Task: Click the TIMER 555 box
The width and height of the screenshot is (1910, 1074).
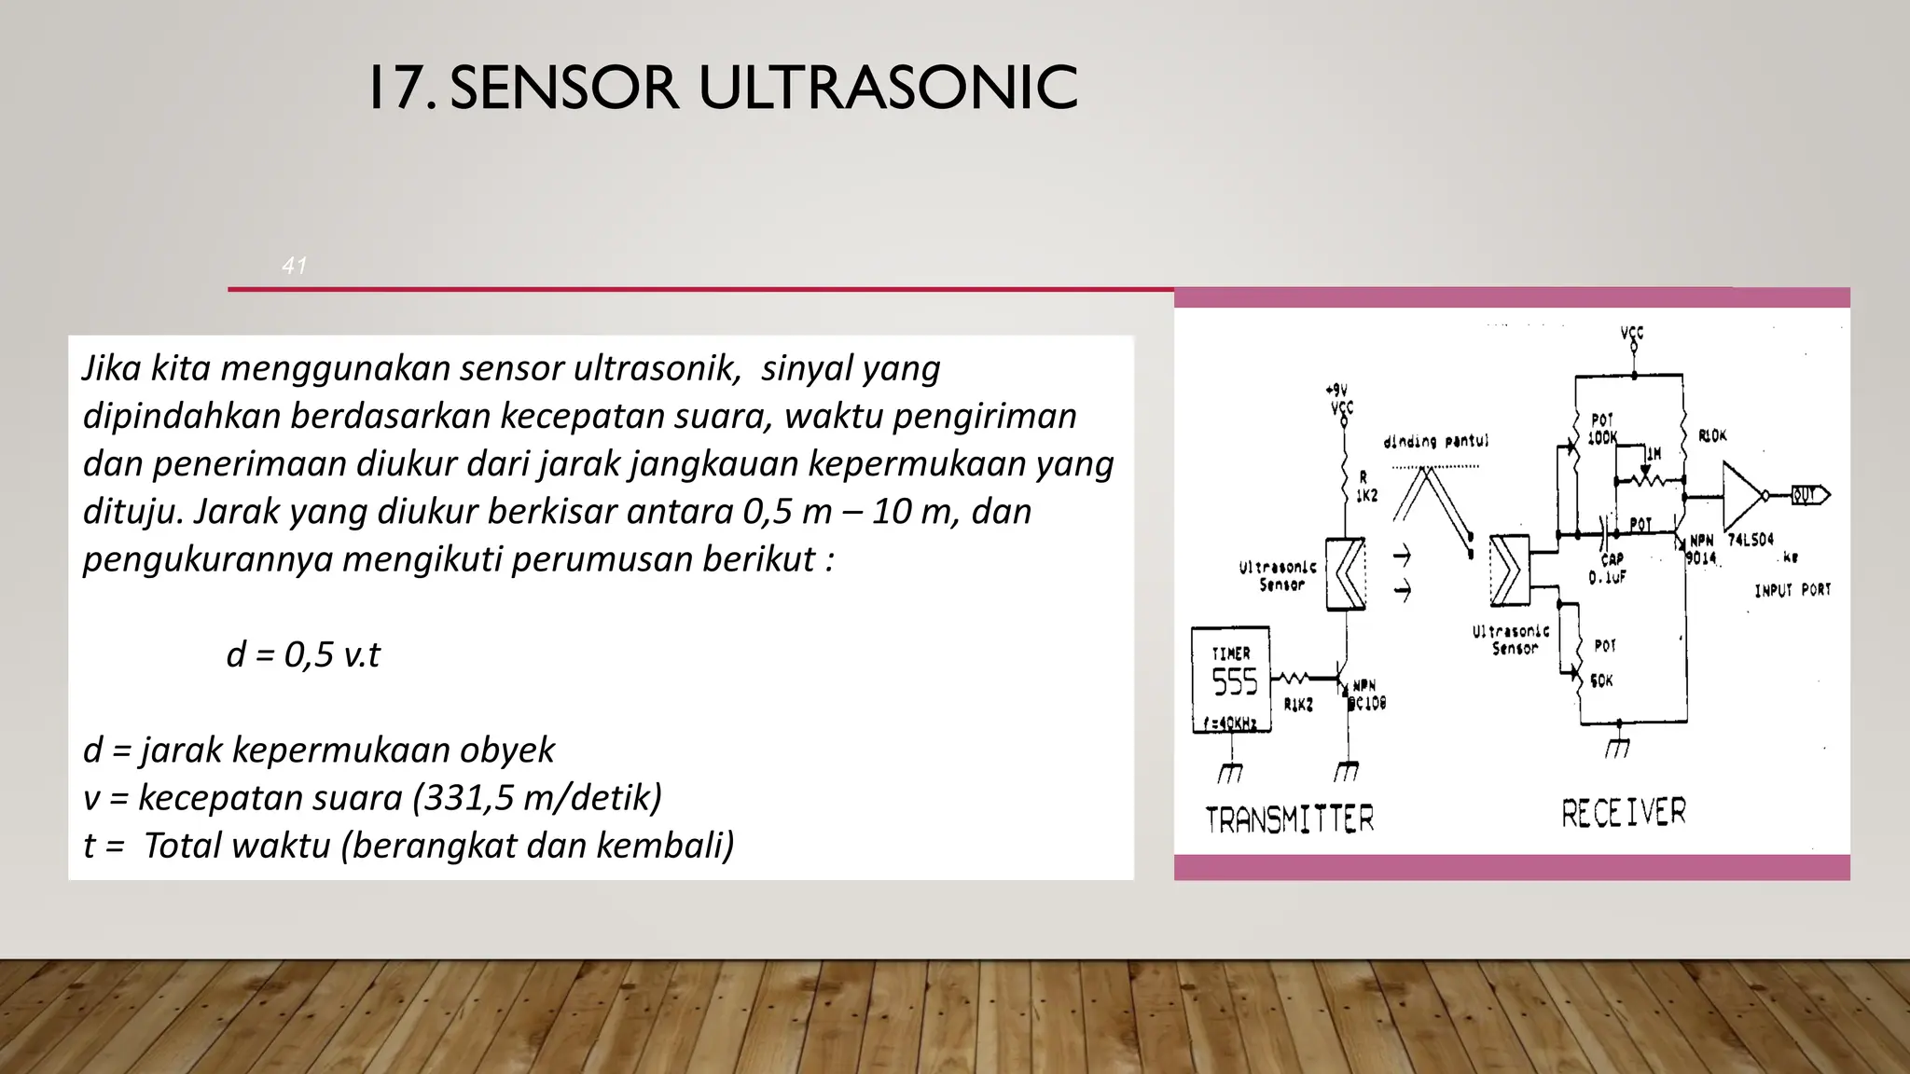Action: (1231, 680)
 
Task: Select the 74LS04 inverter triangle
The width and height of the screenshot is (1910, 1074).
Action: (1743, 495)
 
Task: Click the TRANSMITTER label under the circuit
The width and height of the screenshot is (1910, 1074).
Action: (1290, 819)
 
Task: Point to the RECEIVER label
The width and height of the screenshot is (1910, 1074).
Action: (1624, 812)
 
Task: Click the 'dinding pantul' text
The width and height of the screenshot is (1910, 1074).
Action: (1435, 441)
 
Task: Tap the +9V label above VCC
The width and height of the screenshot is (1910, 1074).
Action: (1336, 391)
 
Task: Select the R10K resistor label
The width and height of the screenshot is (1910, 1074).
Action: (1712, 435)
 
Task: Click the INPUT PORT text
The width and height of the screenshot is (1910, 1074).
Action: (1792, 590)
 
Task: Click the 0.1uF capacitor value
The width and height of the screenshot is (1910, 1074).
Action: (1607, 577)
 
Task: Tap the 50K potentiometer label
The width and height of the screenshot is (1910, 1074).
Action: (1602, 681)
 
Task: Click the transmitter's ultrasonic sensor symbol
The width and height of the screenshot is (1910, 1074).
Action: (1346, 574)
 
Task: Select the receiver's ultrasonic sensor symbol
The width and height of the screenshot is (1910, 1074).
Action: (1509, 570)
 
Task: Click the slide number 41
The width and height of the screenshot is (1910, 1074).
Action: (294, 266)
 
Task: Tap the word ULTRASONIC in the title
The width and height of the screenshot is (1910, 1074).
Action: (887, 89)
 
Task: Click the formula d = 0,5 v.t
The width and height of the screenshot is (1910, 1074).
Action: (303, 654)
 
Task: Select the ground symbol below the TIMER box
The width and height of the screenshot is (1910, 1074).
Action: (1230, 772)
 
